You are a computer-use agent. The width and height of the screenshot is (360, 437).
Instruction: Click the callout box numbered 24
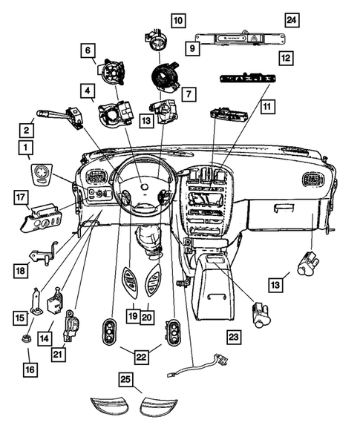[292, 19]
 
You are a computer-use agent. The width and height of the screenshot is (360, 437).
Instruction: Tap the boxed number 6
[88, 50]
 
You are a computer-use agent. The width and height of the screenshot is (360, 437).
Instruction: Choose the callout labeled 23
[235, 338]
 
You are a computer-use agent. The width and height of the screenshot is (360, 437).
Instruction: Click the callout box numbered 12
[286, 56]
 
